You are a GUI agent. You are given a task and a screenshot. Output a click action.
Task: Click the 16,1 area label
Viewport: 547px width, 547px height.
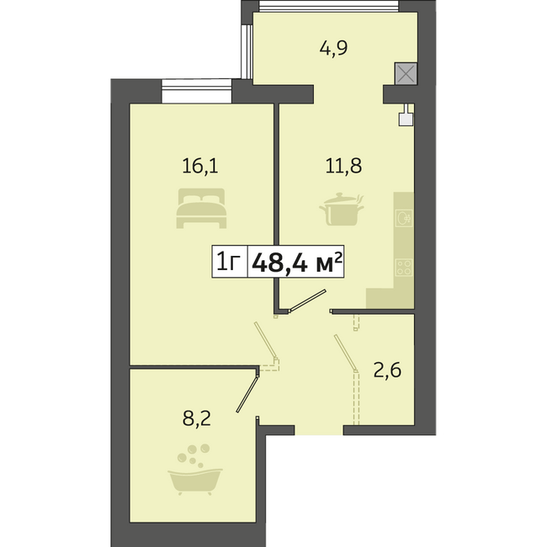click(x=200, y=166)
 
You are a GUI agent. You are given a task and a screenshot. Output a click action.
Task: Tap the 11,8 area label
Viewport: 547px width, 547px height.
click(x=343, y=166)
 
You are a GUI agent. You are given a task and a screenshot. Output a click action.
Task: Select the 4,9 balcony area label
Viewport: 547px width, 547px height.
click(x=333, y=48)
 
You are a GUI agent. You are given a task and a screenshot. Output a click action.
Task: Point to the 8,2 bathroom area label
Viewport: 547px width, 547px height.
click(x=197, y=418)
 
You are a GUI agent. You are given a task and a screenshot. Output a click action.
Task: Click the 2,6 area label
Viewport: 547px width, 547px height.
click(x=387, y=370)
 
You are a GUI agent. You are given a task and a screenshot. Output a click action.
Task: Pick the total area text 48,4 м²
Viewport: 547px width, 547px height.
click(x=296, y=262)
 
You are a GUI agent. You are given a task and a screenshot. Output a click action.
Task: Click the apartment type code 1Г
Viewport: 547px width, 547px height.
click(x=229, y=262)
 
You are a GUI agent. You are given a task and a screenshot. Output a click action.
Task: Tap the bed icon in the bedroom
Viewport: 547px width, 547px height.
click(x=202, y=208)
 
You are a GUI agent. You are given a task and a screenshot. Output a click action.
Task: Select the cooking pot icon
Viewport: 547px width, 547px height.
click(x=342, y=210)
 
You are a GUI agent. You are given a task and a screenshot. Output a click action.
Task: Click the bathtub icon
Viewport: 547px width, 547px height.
click(x=195, y=481)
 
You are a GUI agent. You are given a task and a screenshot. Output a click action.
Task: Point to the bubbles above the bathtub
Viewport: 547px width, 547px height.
click(x=193, y=455)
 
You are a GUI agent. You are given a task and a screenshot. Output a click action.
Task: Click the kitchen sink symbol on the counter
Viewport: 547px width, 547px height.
click(x=404, y=219)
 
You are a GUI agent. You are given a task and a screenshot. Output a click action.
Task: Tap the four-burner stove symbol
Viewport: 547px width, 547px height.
click(x=404, y=268)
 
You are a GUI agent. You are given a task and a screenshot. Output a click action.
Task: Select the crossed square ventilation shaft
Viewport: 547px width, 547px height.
click(x=406, y=73)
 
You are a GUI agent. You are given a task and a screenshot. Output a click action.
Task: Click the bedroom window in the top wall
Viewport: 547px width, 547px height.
click(x=197, y=91)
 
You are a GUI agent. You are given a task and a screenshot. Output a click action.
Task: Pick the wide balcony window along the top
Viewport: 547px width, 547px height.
click(x=328, y=6)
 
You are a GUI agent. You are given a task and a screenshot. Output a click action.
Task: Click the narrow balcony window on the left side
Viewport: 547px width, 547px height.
click(x=247, y=51)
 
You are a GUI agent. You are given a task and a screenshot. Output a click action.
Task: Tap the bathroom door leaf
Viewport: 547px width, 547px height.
click(x=247, y=394)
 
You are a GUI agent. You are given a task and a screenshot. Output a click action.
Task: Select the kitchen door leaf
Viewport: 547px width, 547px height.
click(x=307, y=300)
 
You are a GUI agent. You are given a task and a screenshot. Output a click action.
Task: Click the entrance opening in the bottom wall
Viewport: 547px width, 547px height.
click(x=319, y=430)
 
